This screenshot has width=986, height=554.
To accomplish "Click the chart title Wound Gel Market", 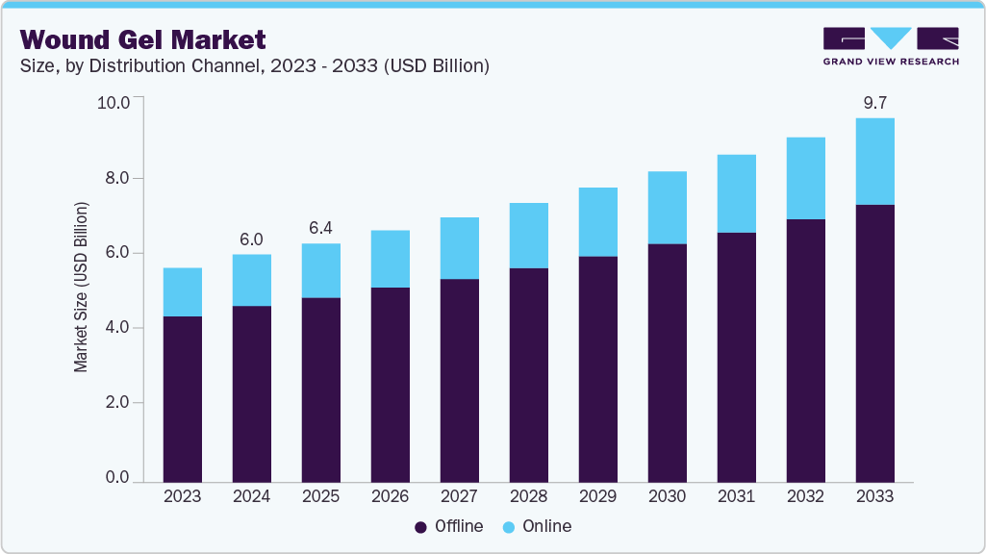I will click(x=143, y=39).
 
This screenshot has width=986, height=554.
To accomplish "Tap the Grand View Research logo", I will click(x=890, y=46).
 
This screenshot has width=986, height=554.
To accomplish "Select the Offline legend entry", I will click(x=450, y=526).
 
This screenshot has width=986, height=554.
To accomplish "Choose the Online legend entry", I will click(x=538, y=526).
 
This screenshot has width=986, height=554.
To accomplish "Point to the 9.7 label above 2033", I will click(x=874, y=103).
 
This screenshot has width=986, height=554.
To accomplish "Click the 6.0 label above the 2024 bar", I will click(x=252, y=239).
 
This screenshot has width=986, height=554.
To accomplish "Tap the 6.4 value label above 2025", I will click(x=321, y=229).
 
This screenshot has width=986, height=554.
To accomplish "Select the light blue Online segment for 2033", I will click(x=874, y=162).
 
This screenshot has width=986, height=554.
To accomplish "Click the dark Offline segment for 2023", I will click(x=183, y=399).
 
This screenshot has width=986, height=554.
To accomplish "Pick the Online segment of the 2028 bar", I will click(x=528, y=236).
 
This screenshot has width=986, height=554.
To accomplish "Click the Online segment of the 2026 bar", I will click(x=391, y=259).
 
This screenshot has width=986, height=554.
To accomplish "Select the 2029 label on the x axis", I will click(x=597, y=496).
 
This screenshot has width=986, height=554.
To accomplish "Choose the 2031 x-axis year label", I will click(x=736, y=496).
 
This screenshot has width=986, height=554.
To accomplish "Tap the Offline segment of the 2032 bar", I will click(x=805, y=350).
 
